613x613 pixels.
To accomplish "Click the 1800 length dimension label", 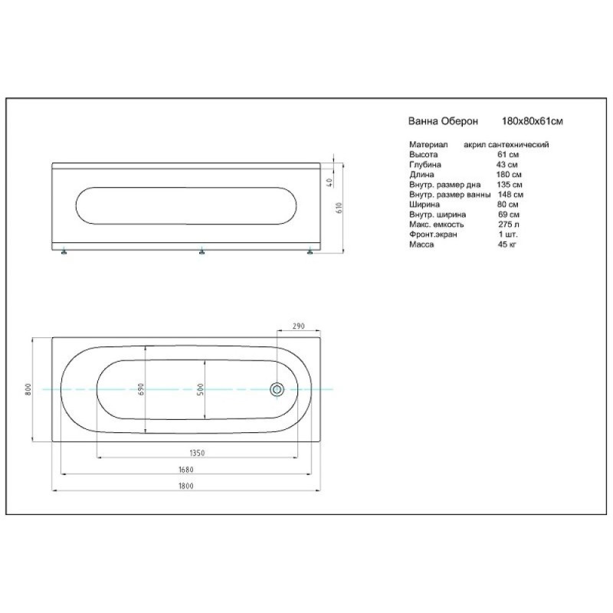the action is coord(186,486).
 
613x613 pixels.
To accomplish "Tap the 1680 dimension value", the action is coord(186,470).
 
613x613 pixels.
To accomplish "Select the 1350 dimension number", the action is coord(197,453).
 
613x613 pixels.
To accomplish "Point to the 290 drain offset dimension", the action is coord(298,326).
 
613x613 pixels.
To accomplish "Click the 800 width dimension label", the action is coord(28,389).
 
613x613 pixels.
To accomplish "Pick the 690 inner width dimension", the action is coord(141,389).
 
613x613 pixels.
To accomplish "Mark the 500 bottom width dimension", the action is coord(201,389).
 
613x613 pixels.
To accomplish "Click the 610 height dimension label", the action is coord(339,208).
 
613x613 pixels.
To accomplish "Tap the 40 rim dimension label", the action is coord(329,182).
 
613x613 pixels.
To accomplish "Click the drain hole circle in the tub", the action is coord(277,389).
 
